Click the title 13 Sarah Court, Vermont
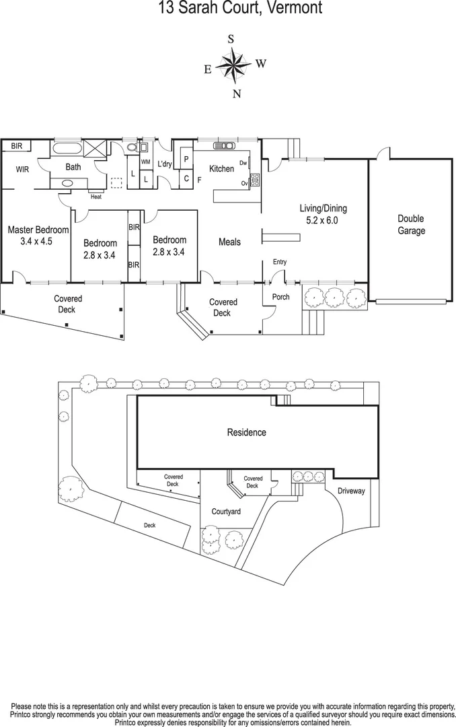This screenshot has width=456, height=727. (x=231, y=8)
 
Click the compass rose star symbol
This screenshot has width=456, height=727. (x=233, y=65)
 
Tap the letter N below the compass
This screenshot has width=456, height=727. (x=236, y=94)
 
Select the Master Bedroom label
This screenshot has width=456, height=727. (x=38, y=235)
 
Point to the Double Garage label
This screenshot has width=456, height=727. (x=411, y=225)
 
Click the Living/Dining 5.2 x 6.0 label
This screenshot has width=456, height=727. (x=323, y=214)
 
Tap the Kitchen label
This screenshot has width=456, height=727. (x=221, y=168)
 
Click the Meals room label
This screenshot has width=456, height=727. (x=229, y=242)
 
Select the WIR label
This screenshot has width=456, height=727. (x=22, y=170)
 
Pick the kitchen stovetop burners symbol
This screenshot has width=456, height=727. (x=255, y=180)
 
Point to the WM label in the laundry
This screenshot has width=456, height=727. (x=145, y=162)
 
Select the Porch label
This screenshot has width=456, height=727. (x=280, y=297)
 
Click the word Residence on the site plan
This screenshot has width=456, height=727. (x=246, y=432)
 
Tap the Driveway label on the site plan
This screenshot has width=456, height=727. (x=350, y=491)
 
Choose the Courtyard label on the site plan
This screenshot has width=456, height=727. (x=226, y=512)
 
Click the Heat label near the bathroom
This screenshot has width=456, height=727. (x=96, y=197)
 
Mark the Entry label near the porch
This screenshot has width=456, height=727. (x=279, y=262)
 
